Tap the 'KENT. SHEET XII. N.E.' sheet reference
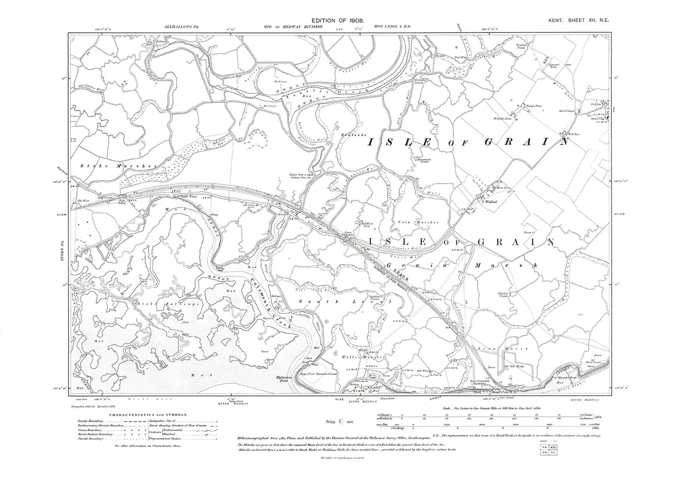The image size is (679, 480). (x=580, y=22)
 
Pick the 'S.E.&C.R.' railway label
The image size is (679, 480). (x=395, y=269)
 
